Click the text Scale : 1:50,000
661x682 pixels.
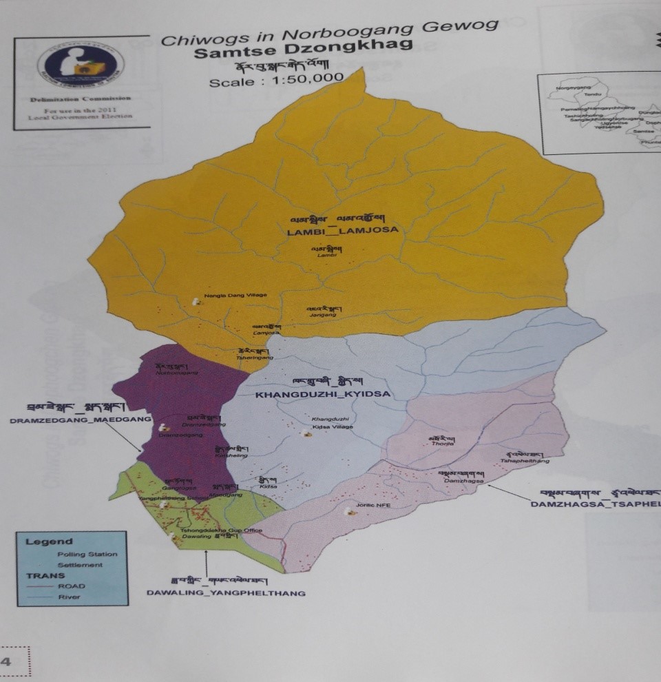pos(276,80)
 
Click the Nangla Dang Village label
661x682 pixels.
pos(235,295)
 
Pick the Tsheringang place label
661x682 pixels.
pos(255,358)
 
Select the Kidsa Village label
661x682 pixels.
pos(333,427)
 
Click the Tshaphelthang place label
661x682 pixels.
pos(525,461)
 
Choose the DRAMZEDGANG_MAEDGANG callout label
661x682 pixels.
pos(70,420)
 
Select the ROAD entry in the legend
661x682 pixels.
pos(72,586)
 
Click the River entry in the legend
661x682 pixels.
pos(70,597)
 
